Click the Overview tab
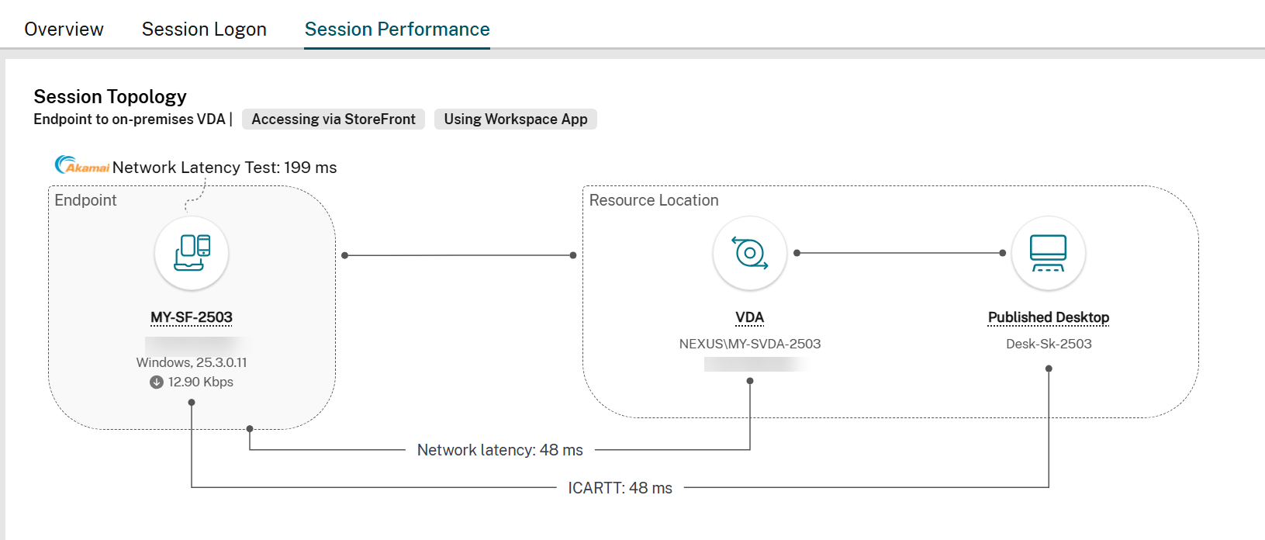point(64,29)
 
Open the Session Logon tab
point(204,29)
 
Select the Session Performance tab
point(397,29)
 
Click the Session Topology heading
point(110,97)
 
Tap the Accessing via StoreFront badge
point(334,119)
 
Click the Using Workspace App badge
point(516,119)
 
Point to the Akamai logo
point(81,165)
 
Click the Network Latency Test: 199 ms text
point(224,168)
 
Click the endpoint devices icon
point(192,253)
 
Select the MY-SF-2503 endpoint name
point(192,317)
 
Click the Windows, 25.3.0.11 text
point(192,362)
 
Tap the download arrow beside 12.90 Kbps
point(157,382)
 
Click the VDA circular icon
point(750,253)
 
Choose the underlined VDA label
point(750,317)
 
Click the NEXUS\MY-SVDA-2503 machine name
point(750,344)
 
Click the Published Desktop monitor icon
point(1049,253)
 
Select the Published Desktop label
point(1049,317)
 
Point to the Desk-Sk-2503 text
point(1049,344)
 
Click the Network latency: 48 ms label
point(500,450)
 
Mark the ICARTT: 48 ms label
point(620,488)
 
